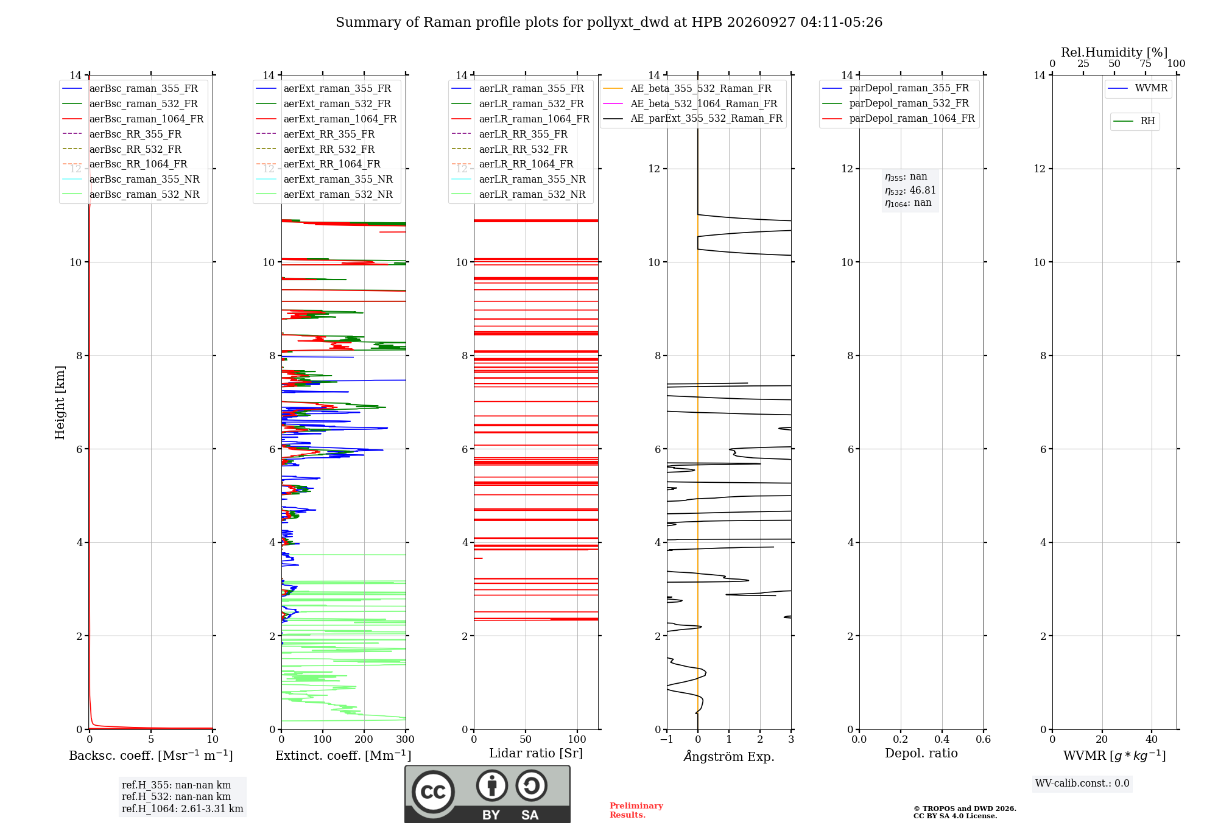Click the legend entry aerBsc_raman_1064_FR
133,119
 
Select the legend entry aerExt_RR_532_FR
315,149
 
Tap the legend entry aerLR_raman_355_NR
518,179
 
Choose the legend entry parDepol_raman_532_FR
895,103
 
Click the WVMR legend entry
1138,88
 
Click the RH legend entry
1134,121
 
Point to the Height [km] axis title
60,402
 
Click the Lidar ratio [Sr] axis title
536,753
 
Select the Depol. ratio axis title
921,753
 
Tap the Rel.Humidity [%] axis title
1114,52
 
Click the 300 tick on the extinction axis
406,739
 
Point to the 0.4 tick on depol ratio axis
942,739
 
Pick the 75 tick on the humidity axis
1146,63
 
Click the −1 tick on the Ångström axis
667,739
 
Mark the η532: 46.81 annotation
910,190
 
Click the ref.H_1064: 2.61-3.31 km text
183,809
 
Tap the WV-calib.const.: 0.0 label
1082,783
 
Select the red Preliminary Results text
636,810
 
